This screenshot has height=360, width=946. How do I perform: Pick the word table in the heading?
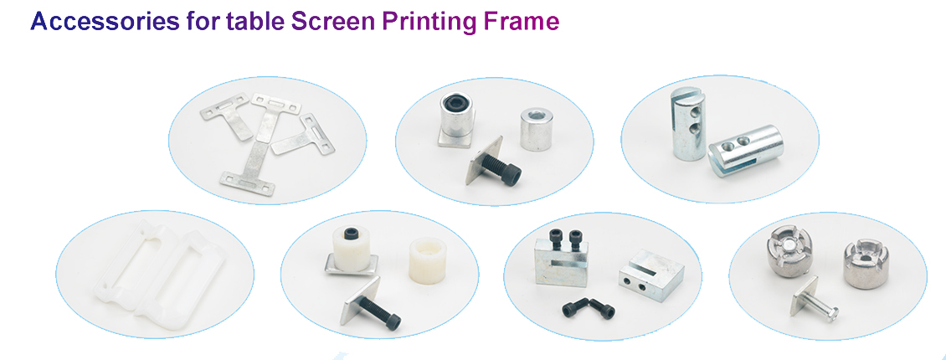255,22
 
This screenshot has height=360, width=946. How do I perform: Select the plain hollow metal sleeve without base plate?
536,128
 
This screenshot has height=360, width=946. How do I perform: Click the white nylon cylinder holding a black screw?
351,246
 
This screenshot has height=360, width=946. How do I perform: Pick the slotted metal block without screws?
651,272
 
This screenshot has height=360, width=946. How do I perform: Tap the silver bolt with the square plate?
819,311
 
